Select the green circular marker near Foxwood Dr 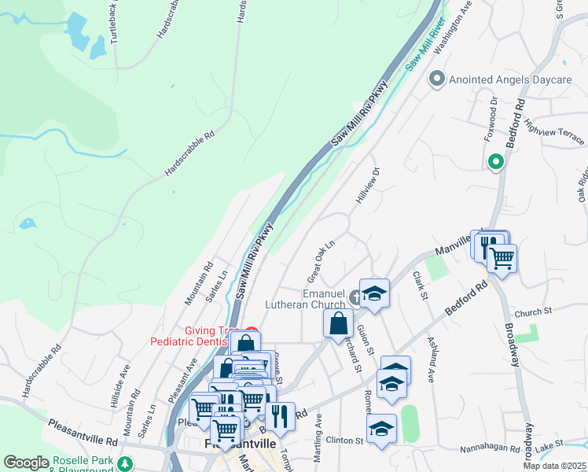pyautogui.click(x=495, y=163)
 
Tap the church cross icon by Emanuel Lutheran pyautogui.click(x=355, y=297)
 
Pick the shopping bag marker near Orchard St pyautogui.click(x=338, y=323)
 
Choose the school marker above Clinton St pyautogui.click(x=381, y=430)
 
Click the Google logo pyautogui.click(x=26, y=463)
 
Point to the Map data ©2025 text pyautogui.click(x=554, y=466)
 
